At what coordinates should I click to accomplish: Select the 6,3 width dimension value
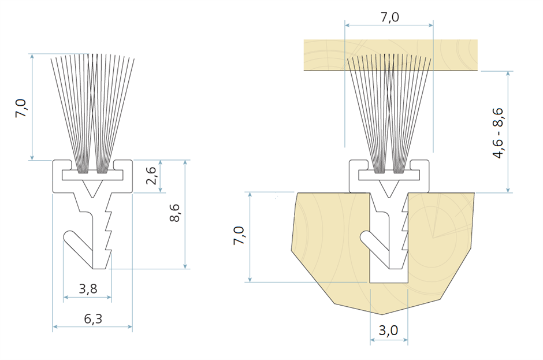click(x=93, y=318)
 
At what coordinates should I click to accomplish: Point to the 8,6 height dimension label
click(x=176, y=213)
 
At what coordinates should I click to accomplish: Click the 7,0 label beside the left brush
click(x=21, y=108)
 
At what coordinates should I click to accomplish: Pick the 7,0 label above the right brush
click(x=389, y=17)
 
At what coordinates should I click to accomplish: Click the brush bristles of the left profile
click(x=92, y=110)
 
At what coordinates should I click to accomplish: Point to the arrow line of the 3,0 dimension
click(x=389, y=340)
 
